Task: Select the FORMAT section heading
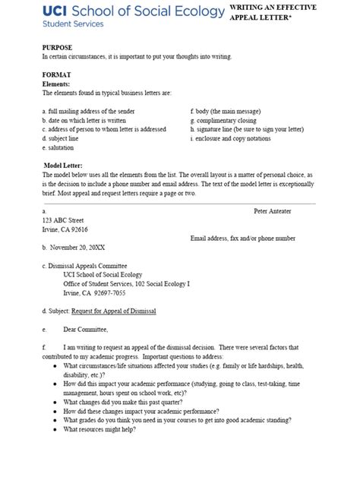coord(56,76)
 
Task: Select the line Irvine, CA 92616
coord(65,229)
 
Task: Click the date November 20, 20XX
coord(80,248)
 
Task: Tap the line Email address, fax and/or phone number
coord(242,238)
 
